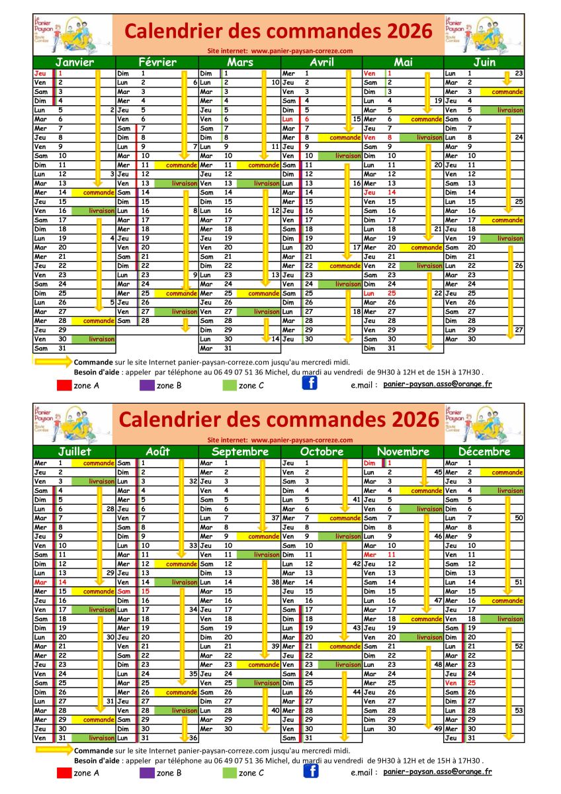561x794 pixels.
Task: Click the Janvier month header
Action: tap(74, 62)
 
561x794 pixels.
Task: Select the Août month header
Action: tap(157, 452)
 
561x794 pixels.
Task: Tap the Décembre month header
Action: tap(484, 452)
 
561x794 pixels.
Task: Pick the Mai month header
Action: tap(403, 62)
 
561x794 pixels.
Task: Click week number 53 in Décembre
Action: tap(519, 710)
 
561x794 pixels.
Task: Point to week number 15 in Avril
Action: tap(357, 119)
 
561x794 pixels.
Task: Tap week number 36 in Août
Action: tap(193, 738)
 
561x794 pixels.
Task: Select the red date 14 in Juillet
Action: tap(62, 582)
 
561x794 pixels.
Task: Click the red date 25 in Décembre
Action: tap(472, 683)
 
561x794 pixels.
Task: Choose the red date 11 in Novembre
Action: tap(391, 554)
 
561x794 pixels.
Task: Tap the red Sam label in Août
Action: tap(124, 592)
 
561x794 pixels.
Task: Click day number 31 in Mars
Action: tap(228, 348)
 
